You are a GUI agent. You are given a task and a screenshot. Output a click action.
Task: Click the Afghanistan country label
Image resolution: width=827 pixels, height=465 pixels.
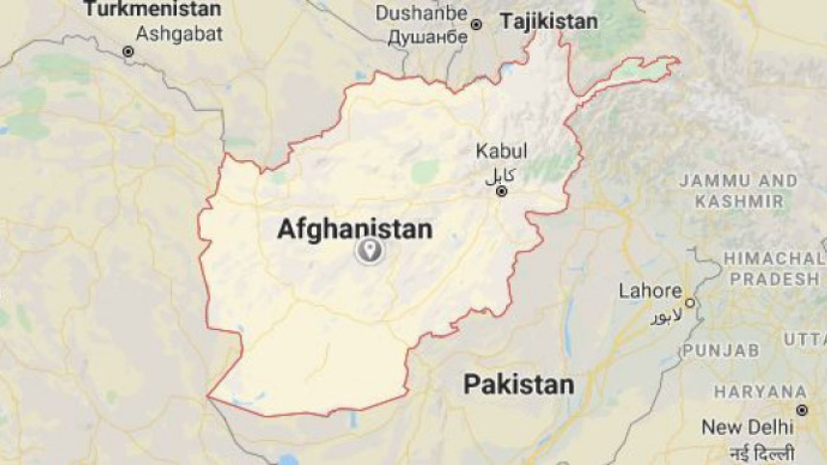354,229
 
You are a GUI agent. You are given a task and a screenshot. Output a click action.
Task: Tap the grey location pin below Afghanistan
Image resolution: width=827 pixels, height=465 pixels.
368,253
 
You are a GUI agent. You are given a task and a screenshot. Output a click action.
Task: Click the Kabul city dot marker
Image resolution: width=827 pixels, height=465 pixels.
501,191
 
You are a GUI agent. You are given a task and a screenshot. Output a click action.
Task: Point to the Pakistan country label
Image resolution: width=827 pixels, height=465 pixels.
518,384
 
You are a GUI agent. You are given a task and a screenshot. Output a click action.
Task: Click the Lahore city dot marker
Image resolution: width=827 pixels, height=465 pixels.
690,302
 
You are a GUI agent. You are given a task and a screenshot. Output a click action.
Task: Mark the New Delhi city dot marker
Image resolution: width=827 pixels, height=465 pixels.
801,410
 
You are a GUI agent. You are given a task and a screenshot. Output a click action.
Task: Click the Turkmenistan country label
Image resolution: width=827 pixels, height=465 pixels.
152,10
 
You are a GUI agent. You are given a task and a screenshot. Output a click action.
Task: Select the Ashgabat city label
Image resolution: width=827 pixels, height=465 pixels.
179,34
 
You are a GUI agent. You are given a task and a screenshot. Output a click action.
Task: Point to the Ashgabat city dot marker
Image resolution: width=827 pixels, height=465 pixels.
127,51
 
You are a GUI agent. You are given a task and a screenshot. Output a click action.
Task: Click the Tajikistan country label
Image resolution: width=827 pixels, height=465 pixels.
544,21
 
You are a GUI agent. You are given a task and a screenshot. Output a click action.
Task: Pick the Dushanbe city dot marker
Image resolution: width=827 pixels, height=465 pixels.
476,23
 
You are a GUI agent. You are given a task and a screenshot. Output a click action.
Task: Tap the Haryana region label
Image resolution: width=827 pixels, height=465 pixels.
761,391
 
